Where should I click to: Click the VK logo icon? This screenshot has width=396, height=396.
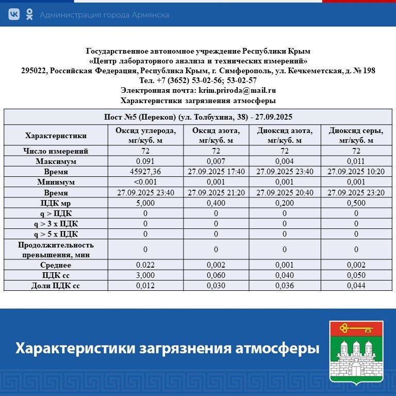click(x=14, y=14)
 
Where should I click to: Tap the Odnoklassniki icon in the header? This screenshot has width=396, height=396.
click(x=29, y=14)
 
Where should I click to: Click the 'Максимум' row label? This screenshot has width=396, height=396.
click(x=56, y=161)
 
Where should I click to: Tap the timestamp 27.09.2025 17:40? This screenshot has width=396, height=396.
click(x=216, y=172)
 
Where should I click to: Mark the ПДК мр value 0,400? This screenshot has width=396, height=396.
click(x=216, y=203)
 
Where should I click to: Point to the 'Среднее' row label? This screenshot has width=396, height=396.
click(x=56, y=265)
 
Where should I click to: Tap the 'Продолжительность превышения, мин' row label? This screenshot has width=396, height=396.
click(x=56, y=249)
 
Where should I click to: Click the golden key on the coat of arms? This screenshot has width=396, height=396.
click(x=356, y=327)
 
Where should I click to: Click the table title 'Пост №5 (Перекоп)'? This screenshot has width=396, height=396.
click(x=198, y=117)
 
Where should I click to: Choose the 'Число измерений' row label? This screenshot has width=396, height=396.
click(x=56, y=151)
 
